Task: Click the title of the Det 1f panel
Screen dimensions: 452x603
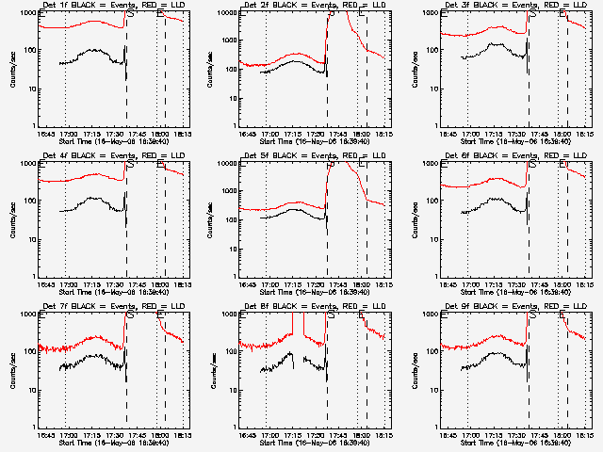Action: [x=112, y=6]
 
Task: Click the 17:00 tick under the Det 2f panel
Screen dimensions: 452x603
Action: [x=269, y=134]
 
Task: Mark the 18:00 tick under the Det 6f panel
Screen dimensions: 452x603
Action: [x=562, y=284]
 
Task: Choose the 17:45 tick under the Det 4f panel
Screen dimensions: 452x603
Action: [x=138, y=284]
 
